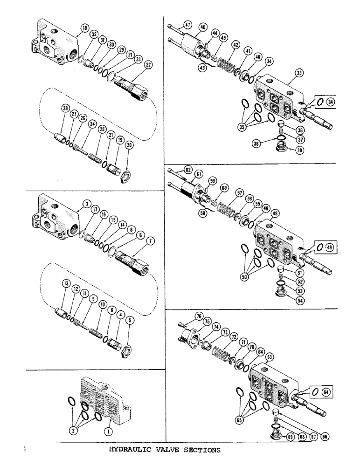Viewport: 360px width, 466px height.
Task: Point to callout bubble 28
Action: [x=64, y=109]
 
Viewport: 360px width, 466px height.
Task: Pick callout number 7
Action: [x=150, y=240]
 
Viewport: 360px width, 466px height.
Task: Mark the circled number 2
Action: [x=73, y=432]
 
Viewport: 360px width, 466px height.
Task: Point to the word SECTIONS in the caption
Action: [x=201, y=450]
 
